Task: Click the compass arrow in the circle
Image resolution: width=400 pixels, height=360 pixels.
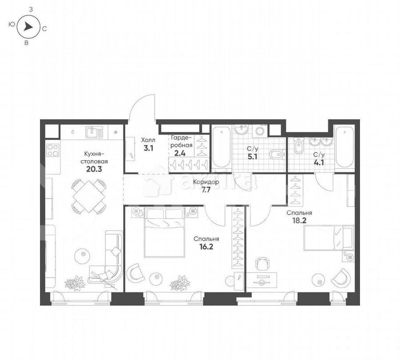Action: (x=28, y=27)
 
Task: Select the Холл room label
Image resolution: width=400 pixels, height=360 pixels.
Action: (x=148, y=139)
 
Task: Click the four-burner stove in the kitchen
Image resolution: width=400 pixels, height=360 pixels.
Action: (x=53, y=150)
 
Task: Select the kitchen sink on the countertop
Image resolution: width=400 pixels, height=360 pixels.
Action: (x=94, y=132)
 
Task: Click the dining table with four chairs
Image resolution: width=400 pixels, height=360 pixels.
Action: (x=89, y=196)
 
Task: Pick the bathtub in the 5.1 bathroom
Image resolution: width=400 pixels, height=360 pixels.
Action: (x=221, y=147)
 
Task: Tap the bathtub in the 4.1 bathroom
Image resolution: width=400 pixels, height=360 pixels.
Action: (x=344, y=147)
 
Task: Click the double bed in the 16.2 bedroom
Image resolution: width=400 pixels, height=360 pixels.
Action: (x=164, y=232)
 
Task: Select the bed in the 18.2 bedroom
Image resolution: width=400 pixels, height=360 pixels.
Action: (x=328, y=238)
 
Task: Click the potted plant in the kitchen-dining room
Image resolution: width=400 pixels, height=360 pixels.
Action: (x=74, y=283)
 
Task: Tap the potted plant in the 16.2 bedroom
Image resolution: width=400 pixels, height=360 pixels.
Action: (x=180, y=283)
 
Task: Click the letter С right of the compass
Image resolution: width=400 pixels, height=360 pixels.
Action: (x=45, y=28)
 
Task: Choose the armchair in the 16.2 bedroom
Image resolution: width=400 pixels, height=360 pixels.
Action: (x=136, y=273)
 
